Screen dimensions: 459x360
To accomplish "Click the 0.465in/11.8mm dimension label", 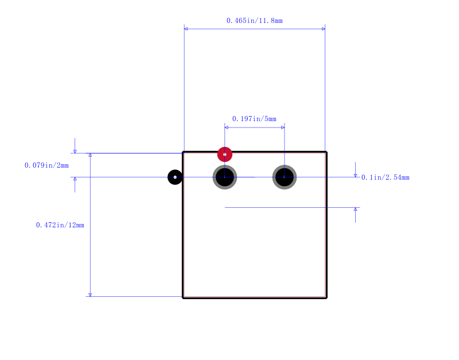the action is click(254, 21).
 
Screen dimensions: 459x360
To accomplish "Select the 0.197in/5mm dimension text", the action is click(254, 119).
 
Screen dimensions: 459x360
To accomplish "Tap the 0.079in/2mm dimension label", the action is click(46, 165).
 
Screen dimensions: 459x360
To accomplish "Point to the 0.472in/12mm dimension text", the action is click(60, 225).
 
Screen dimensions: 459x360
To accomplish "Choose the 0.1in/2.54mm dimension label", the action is click(385, 177).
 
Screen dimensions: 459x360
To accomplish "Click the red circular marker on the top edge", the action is click(225, 154).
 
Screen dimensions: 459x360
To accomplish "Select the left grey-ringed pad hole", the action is click(225, 177).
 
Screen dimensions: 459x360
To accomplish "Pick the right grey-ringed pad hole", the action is click(285, 177).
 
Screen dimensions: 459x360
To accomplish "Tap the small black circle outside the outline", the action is click(175, 177).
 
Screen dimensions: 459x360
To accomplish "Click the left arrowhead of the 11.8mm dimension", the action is click(186, 29).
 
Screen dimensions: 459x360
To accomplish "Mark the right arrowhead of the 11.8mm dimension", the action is click(324, 29).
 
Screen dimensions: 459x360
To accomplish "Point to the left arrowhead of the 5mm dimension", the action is click(226, 127).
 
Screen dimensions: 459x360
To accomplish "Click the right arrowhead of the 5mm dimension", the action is click(283, 127).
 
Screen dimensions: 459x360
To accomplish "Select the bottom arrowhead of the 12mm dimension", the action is click(90, 295).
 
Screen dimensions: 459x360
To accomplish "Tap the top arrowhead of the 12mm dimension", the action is click(90, 155).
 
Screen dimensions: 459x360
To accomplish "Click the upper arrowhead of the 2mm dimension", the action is click(75, 152).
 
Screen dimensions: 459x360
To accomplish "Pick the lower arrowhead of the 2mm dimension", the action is click(75, 179).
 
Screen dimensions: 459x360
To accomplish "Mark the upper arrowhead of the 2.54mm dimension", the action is click(355, 176).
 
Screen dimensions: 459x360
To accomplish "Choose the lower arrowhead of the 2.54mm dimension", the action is click(355, 209).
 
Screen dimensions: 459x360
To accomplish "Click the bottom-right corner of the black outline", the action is click(326, 298).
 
